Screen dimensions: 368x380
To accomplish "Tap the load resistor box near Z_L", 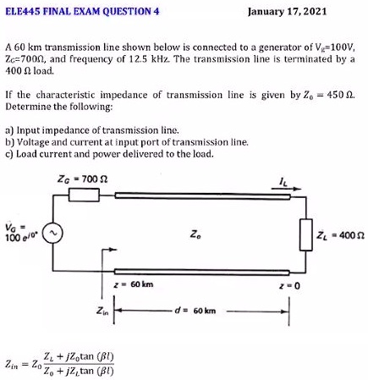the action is point(305,233).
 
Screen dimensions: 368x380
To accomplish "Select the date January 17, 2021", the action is point(288,12).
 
